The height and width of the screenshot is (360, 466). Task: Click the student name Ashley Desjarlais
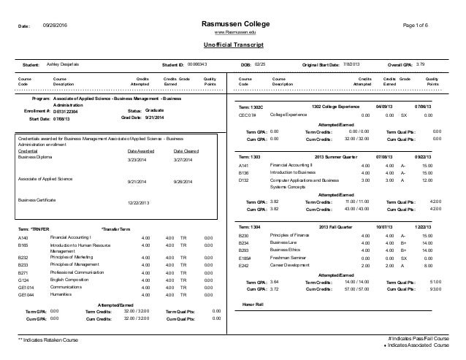[x=65, y=65]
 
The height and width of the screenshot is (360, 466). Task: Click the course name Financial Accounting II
[x=291, y=166]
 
